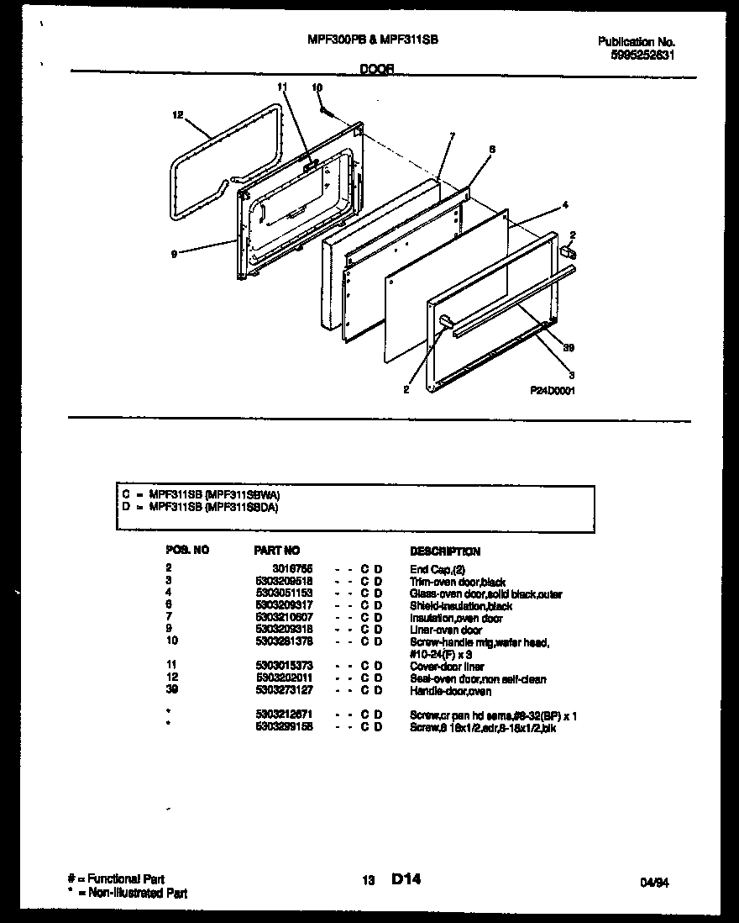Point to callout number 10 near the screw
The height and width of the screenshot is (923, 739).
pos(317,87)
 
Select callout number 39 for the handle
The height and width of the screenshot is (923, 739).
pos(568,347)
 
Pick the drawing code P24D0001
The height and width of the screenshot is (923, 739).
pos(553,390)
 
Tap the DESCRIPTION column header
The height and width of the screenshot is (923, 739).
pos(445,551)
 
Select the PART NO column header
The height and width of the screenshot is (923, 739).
pos(276,551)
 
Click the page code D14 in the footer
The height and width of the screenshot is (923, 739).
pos(406,879)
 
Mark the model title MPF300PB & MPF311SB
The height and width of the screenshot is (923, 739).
pos(374,40)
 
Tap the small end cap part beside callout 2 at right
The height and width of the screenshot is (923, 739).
pos(568,251)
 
